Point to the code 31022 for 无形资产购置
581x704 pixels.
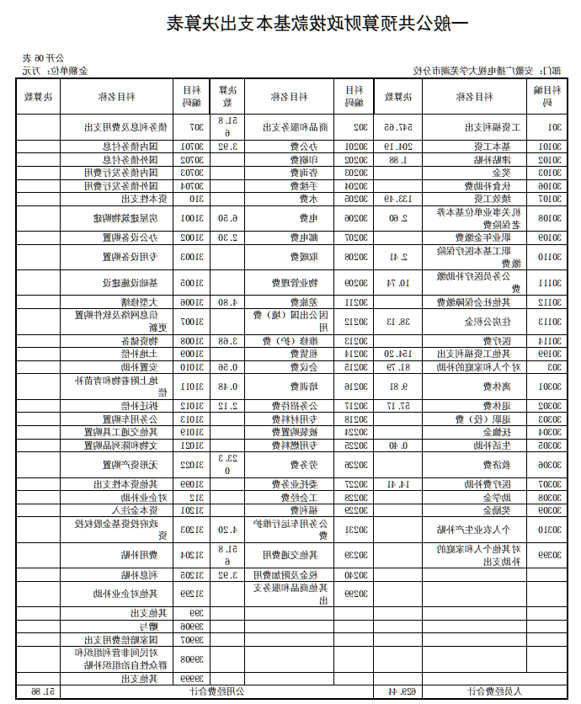[191, 463]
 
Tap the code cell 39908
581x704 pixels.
[191, 659]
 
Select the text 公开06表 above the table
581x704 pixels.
[39, 58]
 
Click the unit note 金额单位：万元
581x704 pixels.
[51, 71]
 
